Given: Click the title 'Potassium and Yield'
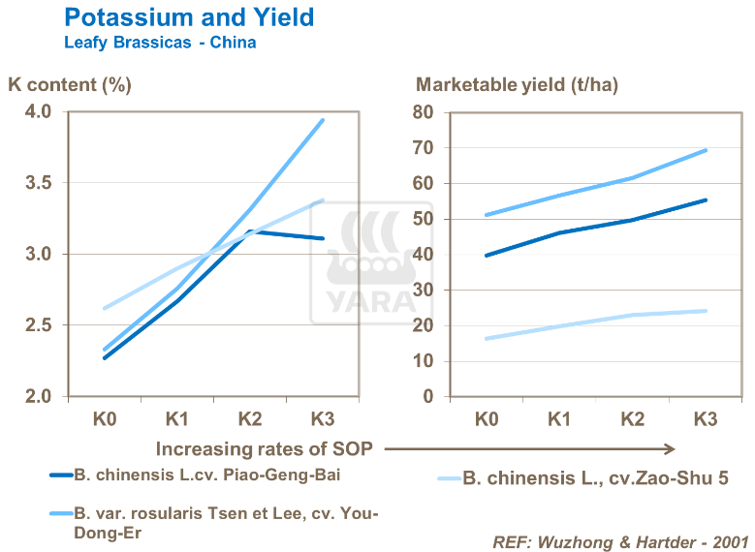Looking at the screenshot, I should pyautogui.click(x=188, y=17).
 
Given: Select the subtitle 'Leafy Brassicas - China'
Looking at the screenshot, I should pyautogui.click(x=160, y=43).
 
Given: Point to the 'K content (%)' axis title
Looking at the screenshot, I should pyautogui.click(x=70, y=84).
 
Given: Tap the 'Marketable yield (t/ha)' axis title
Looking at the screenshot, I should pyautogui.click(x=517, y=84).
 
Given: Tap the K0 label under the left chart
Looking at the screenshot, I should pyautogui.click(x=104, y=419).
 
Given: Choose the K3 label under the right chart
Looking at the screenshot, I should pyautogui.click(x=706, y=419).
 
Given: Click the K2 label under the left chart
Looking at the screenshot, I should pyautogui.click(x=250, y=419).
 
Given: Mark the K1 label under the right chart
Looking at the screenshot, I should pyautogui.click(x=559, y=419).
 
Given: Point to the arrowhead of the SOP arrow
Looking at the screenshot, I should pyautogui.click(x=669, y=448).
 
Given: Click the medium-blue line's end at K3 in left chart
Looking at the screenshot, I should pyautogui.click(x=323, y=120).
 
